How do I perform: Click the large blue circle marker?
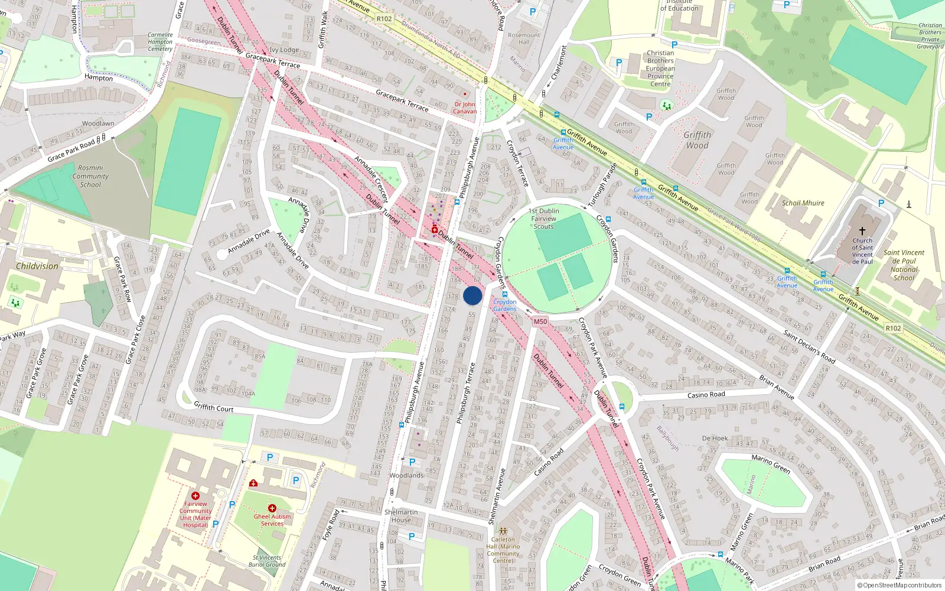472,295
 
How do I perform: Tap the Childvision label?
37,267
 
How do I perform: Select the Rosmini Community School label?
90,176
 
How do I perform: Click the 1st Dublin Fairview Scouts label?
543,218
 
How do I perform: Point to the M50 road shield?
540,322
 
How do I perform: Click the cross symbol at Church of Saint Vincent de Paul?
862,230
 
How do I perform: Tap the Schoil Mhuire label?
803,203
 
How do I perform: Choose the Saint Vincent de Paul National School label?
904,265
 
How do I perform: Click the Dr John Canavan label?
465,108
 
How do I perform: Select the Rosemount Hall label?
524,38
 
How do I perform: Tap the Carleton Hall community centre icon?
503,531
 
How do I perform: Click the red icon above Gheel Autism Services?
272,508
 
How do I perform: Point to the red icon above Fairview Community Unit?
195,496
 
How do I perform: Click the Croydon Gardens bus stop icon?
505,294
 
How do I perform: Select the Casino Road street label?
706,395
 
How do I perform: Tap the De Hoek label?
715,438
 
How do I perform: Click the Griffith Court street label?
214,408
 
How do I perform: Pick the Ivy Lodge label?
284,50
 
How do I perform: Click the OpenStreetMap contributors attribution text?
900,586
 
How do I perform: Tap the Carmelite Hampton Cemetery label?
160,42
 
